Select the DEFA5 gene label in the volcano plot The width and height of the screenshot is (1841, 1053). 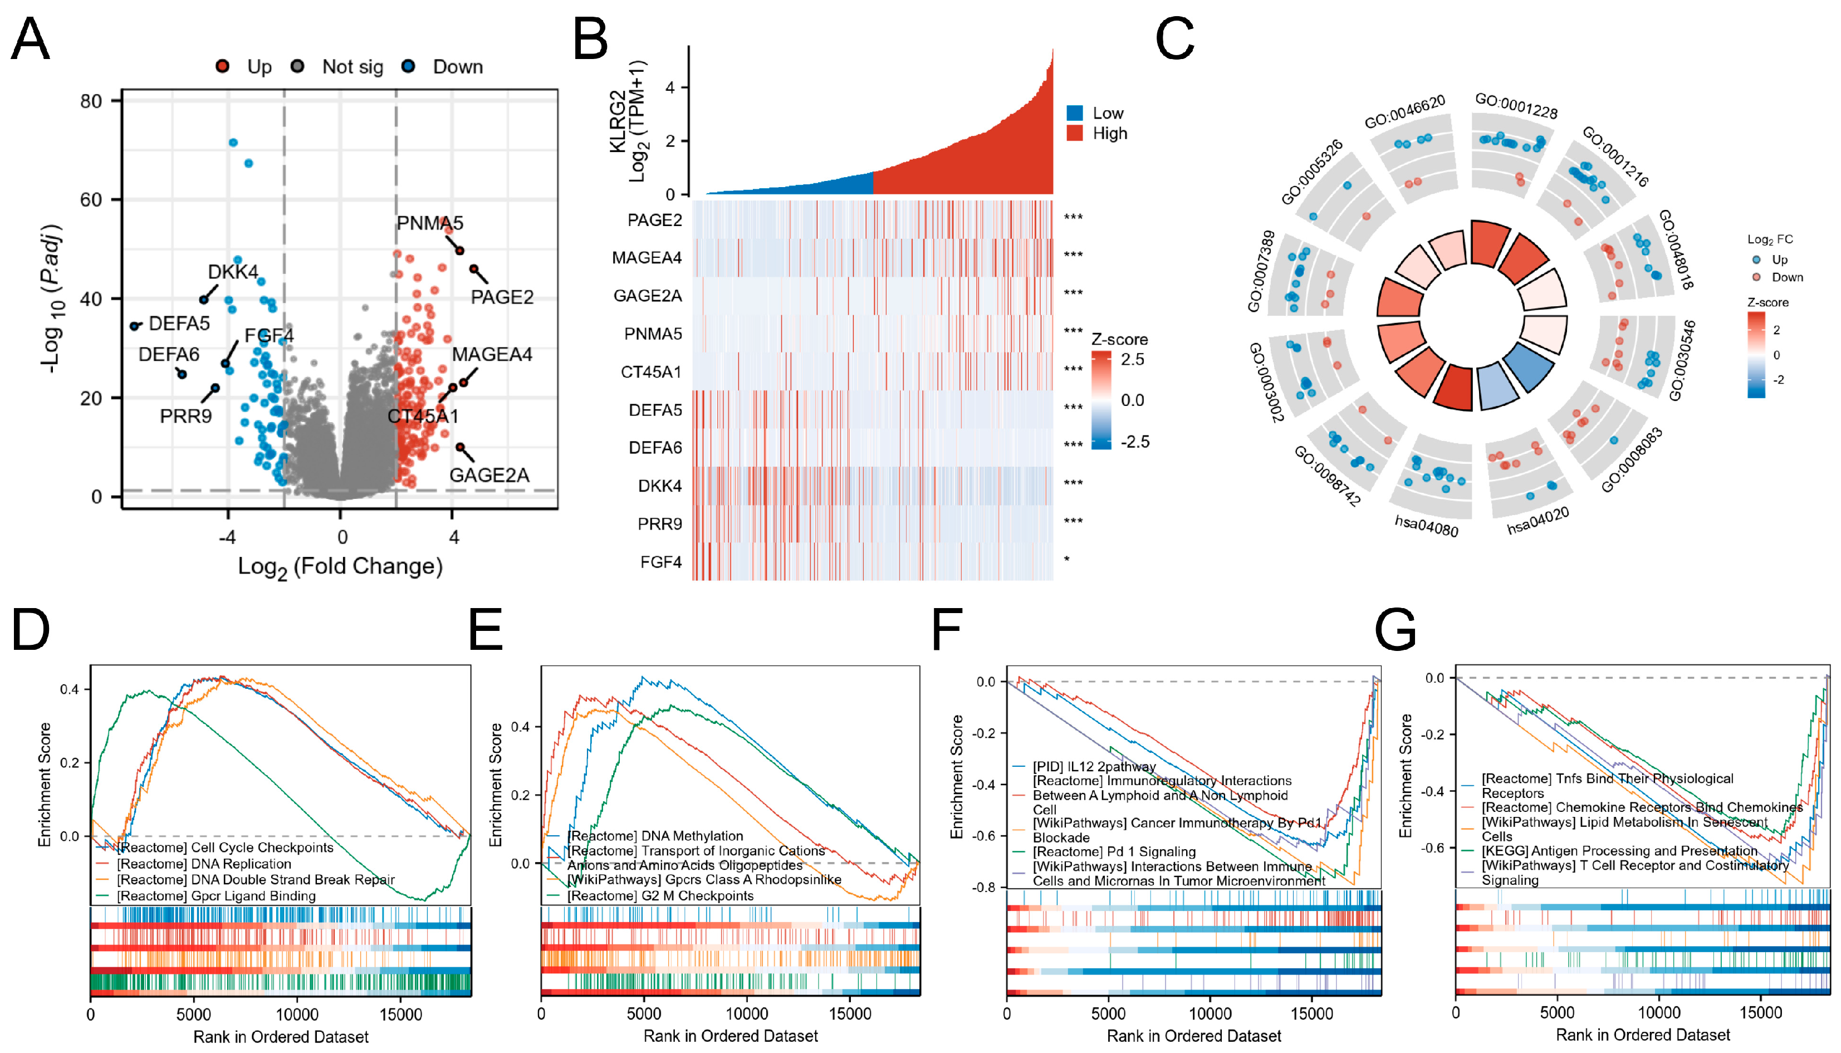tap(179, 324)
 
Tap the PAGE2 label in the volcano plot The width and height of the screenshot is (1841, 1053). tap(502, 297)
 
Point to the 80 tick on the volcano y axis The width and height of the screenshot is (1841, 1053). tap(91, 101)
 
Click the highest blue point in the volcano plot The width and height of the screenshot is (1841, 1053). tap(233, 143)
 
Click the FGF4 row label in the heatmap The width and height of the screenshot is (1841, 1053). tap(660, 562)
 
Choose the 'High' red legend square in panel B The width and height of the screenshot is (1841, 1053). tap(1075, 133)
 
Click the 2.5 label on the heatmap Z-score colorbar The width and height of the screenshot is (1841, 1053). tap(1132, 359)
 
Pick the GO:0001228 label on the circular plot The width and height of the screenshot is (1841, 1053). tap(1516, 106)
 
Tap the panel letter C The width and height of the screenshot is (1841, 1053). tap(1174, 39)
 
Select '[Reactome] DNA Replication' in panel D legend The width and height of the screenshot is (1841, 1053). tap(203, 864)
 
